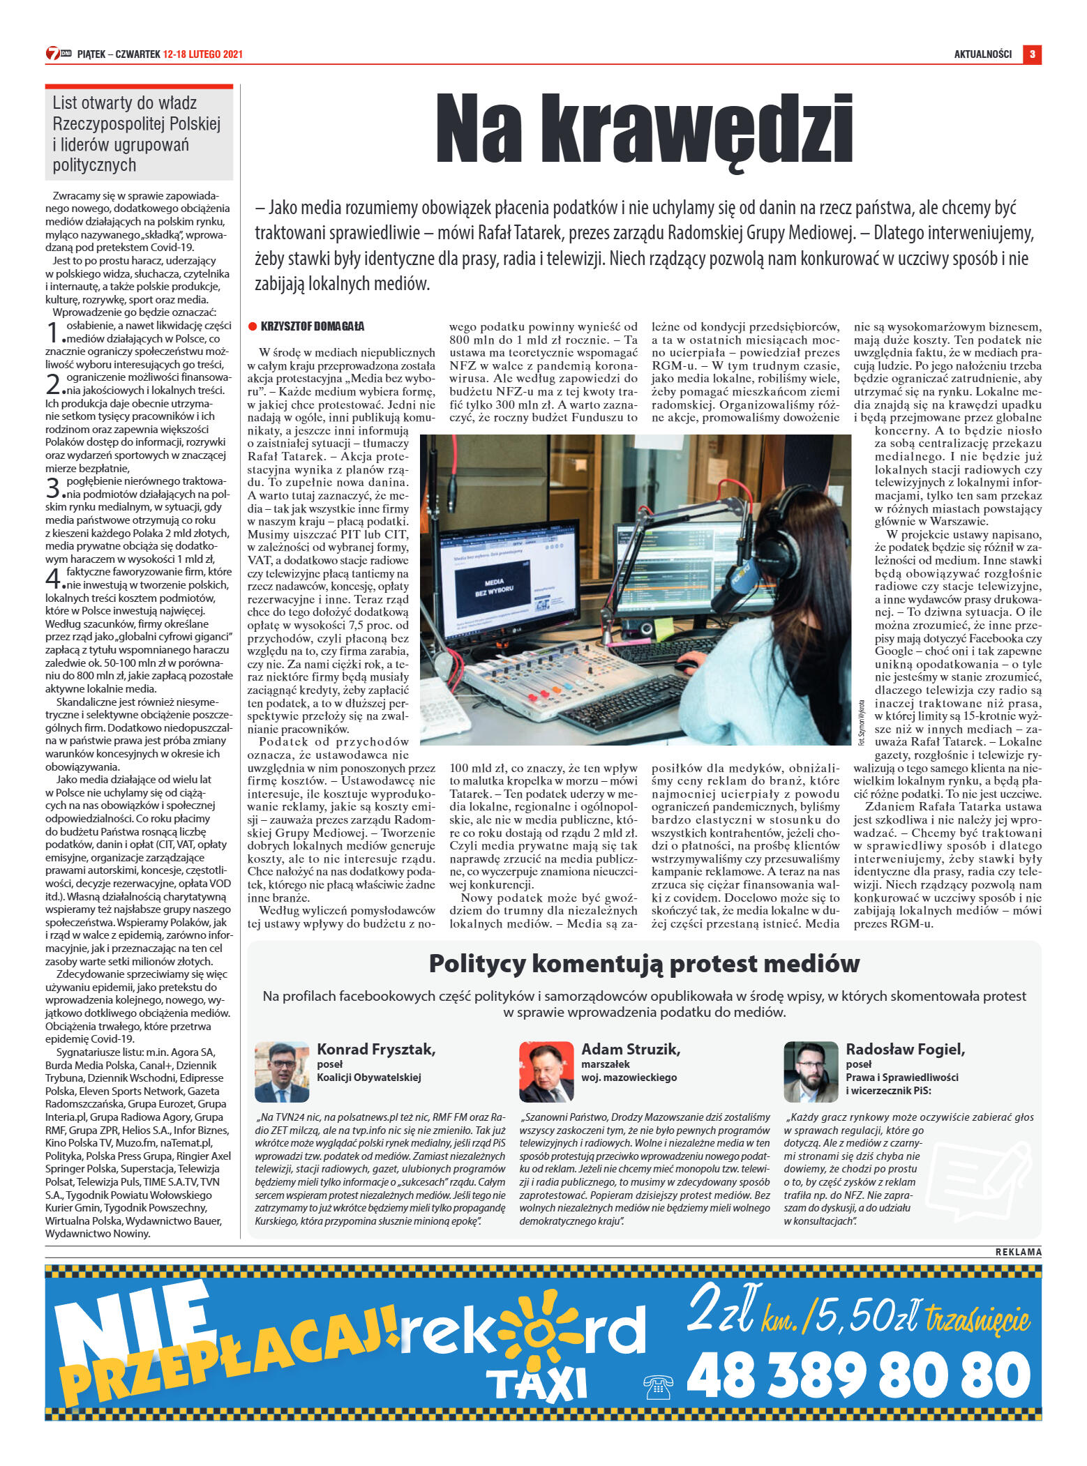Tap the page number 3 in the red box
(x=1032, y=54)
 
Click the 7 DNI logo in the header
(x=59, y=54)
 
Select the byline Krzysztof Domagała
(x=312, y=326)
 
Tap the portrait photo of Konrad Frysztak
(x=281, y=1072)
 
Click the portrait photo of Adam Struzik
(x=546, y=1072)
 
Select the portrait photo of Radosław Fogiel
(x=810, y=1072)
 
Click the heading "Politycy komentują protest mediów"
(x=644, y=963)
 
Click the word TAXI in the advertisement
(x=537, y=1382)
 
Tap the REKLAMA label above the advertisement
(x=1018, y=1252)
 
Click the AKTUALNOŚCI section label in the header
(x=982, y=54)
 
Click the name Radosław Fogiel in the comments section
(x=905, y=1049)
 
